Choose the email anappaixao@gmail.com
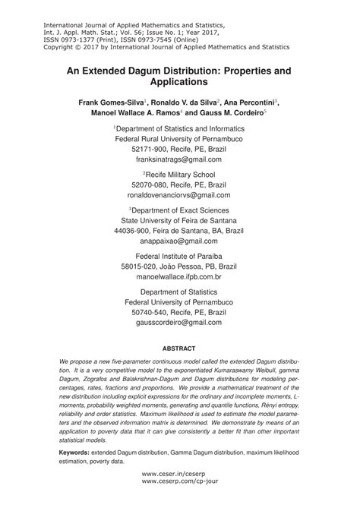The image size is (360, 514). coord(179,241)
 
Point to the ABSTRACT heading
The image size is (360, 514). coord(179,351)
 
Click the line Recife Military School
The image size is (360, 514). coord(181,174)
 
